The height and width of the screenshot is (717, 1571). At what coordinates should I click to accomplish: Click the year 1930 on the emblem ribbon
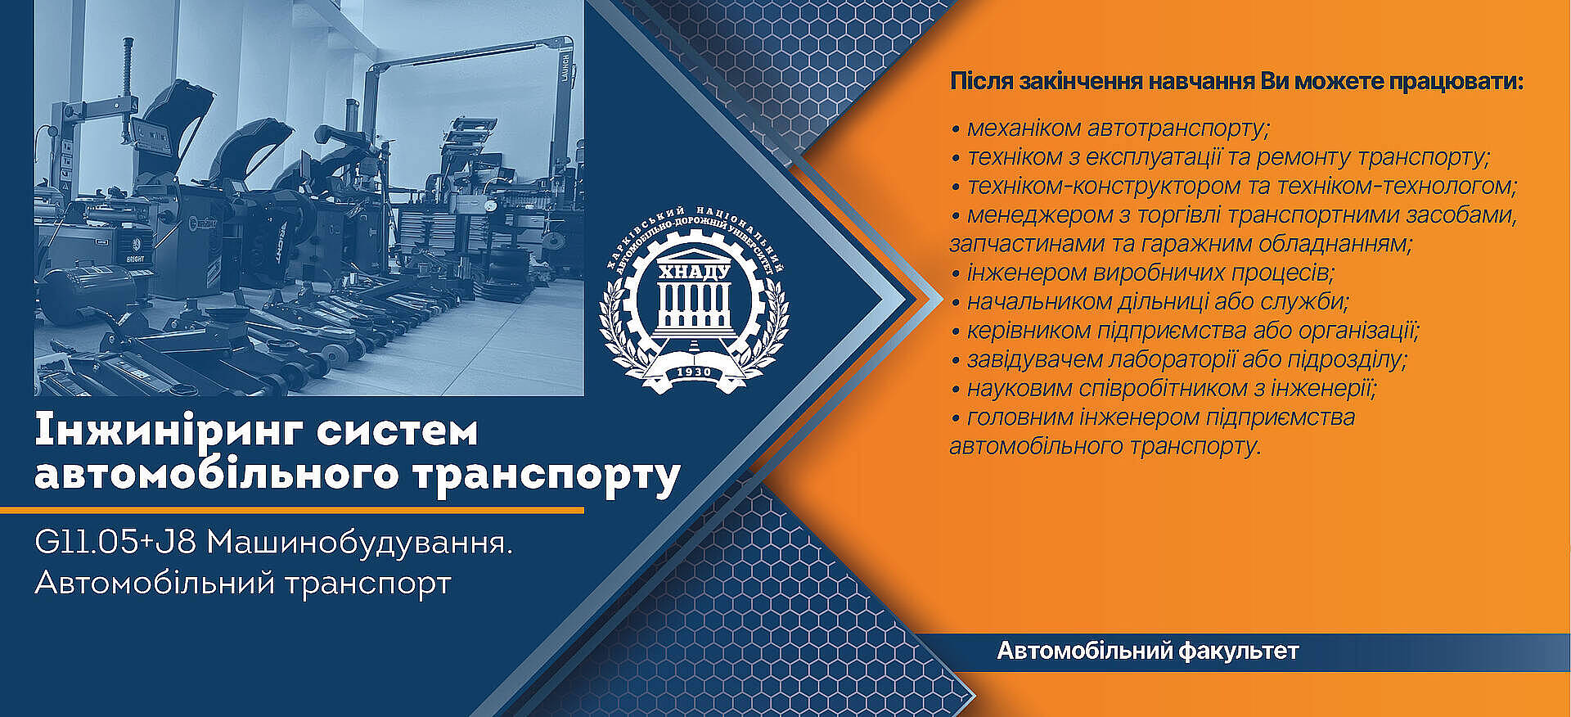click(694, 372)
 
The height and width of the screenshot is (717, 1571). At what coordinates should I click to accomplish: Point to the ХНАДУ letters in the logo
click(694, 272)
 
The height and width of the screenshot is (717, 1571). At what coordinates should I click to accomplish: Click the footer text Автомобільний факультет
click(1148, 652)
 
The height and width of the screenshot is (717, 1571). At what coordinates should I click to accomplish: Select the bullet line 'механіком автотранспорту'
click(1110, 129)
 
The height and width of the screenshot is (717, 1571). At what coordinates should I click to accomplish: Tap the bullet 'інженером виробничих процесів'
click(1142, 273)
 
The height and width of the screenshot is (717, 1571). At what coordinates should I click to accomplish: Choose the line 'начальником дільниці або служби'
click(1150, 301)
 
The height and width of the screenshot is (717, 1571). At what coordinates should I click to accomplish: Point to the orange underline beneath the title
click(292, 510)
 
